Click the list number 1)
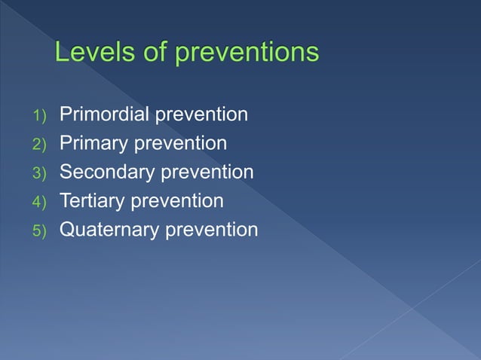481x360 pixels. click(x=38, y=116)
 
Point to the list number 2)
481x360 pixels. click(x=38, y=145)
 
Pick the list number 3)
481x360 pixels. click(x=38, y=173)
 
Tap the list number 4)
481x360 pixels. click(x=38, y=202)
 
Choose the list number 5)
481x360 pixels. click(x=38, y=230)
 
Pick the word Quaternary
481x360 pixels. click(x=109, y=230)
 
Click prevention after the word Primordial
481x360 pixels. click(x=201, y=114)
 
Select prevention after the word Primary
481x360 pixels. click(x=179, y=143)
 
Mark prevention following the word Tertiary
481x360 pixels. click(x=178, y=201)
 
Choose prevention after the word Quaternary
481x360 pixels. click(x=212, y=230)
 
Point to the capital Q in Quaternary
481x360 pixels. click(x=67, y=229)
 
